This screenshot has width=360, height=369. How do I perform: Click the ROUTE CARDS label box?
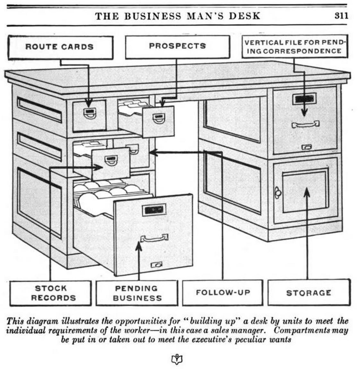[x=60, y=47]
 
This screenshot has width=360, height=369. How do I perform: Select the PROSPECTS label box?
[x=177, y=47]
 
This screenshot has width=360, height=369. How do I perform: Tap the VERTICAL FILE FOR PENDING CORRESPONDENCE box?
[x=295, y=47]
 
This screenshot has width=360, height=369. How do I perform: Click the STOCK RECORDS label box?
[x=51, y=293]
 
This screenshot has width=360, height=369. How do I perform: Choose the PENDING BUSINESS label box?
[x=137, y=293]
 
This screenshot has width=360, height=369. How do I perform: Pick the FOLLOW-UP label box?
[x=223, y=293]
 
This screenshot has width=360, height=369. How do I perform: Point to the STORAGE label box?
[x=309, y=293]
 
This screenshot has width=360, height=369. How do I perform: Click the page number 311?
[x=341, y=16]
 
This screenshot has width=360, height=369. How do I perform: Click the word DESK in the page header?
[x=244, y=16]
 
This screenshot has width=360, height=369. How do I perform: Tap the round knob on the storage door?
[x=277, y=193]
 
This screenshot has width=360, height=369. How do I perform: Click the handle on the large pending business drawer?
[x=154, y=238]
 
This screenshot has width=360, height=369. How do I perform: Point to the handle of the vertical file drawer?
[x=305, y=124]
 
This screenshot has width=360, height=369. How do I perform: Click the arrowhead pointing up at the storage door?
[x=307, y=191]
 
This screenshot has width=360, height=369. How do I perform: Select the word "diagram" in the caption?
[x=43, y=321]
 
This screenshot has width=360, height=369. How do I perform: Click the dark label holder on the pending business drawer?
[x=154, y=210]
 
